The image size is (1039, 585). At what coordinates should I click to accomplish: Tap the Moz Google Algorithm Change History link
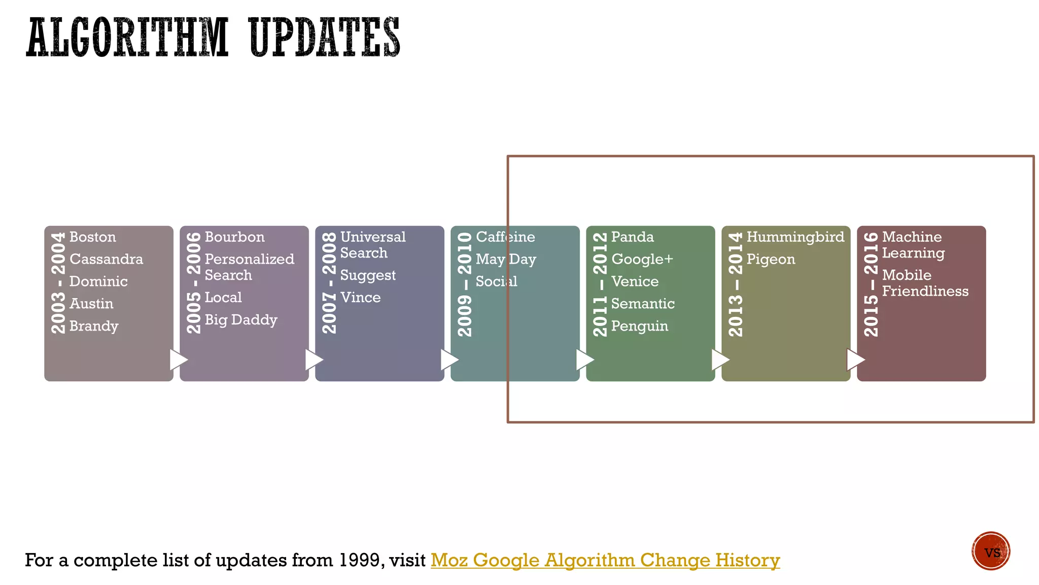[x=605, y=560]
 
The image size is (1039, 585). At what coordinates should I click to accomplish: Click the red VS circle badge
[x=991, y=551]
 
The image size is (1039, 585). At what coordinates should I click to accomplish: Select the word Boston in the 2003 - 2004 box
[x=93, y=237]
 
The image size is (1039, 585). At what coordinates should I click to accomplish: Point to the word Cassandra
[x=106, y=259]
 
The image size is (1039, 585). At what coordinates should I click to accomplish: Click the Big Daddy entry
[x=241, y=320]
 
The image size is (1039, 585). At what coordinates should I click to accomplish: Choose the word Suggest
[x=368, y=276]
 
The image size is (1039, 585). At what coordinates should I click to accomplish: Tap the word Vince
[x=360, y=298]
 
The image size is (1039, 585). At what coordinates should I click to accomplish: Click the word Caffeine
[x=505, y=237]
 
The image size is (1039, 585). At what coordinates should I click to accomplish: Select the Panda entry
[x=632, y=237]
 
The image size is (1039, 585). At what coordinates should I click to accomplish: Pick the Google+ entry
[x=642, y=259]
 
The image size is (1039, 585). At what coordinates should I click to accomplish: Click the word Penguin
[x=639, y=326]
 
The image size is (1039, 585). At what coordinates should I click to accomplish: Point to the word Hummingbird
[x=795, y=237]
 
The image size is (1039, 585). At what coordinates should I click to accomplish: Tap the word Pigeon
[x=771, y=259]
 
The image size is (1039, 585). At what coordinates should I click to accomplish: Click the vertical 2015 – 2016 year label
[x=871, y=284]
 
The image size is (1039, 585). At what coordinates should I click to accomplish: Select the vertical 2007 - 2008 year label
[x=329, y=283]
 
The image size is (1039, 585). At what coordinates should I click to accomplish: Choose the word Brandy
[x=94, y=326]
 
